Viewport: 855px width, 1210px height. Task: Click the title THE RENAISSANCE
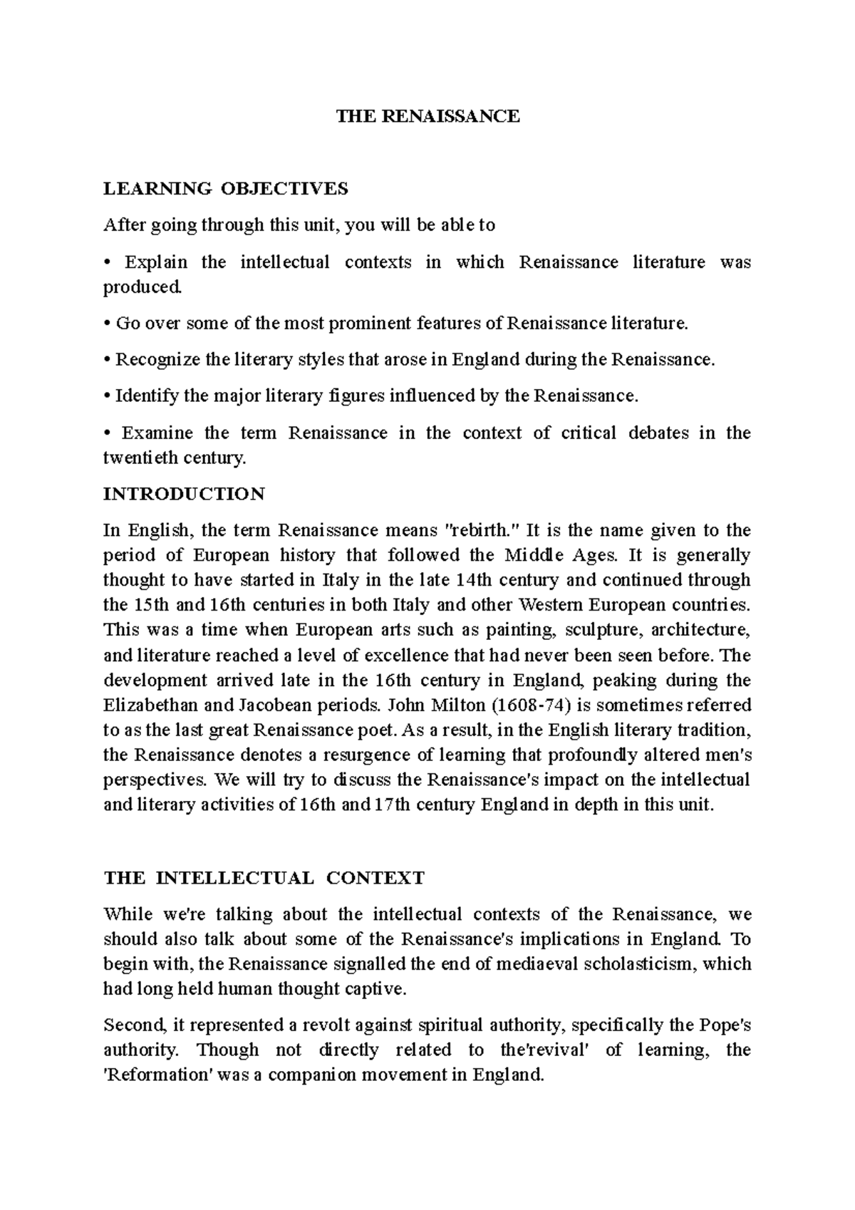pyautogui.click(x=428, y=116)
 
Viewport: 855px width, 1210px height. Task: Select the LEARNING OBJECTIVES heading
pyautogui.click(x=226, y=189)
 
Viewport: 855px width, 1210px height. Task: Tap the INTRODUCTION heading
pyautogui.click(x=184, y=494)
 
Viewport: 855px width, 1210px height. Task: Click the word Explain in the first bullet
pyautogui.click(x=156, y=262)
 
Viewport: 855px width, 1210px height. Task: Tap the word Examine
pyautogui.click(x=157, y=433)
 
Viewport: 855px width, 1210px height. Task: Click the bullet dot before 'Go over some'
pyautogui.click(x=107, y=324)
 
